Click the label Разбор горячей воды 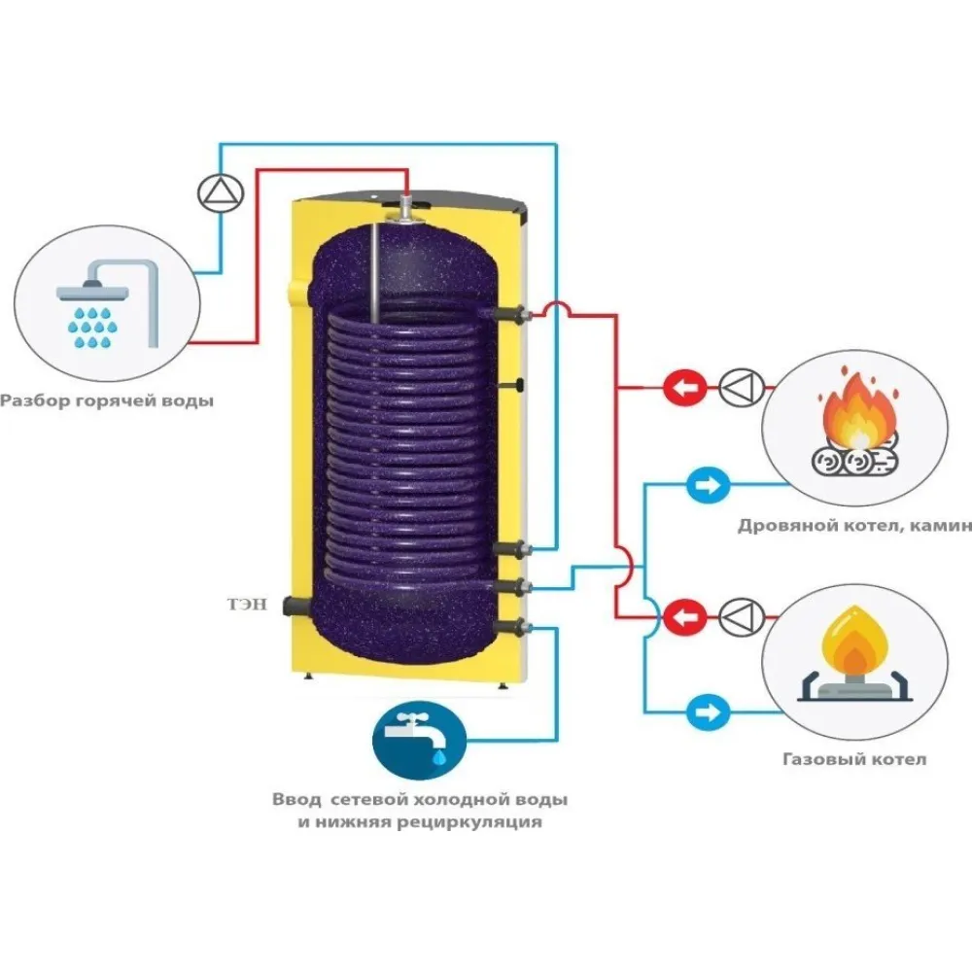tap(106, 400)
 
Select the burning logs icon tap(856, 431)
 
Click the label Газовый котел tap(854, 759)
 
